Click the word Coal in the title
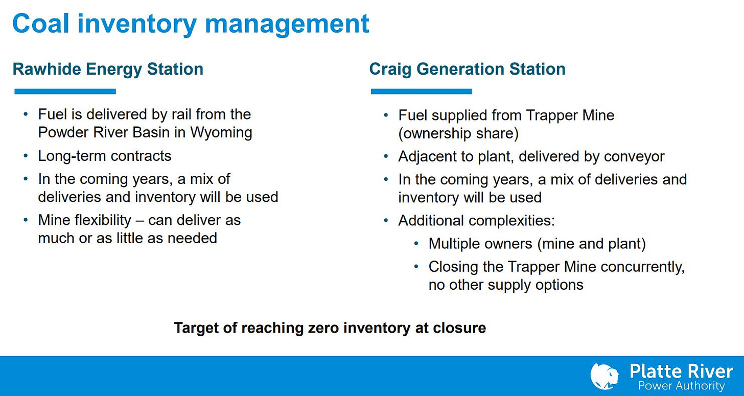click(40, 24)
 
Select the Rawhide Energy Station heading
click(108, 69)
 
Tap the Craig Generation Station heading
click(468, 69)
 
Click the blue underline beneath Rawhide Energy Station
click(65, 91)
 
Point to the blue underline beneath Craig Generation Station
click(422, 91)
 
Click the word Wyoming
click(221, 132)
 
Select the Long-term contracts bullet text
click(105, 156)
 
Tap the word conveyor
click(634, 156)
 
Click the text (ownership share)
click(458, 133)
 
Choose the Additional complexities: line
click(477, 221)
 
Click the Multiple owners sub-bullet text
click(537, 244)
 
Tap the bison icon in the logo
click(604, 377)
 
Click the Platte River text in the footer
click(681, 371)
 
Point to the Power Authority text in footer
click(681, 386)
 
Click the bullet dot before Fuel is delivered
click(26, 114)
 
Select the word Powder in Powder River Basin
click(63, 132)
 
